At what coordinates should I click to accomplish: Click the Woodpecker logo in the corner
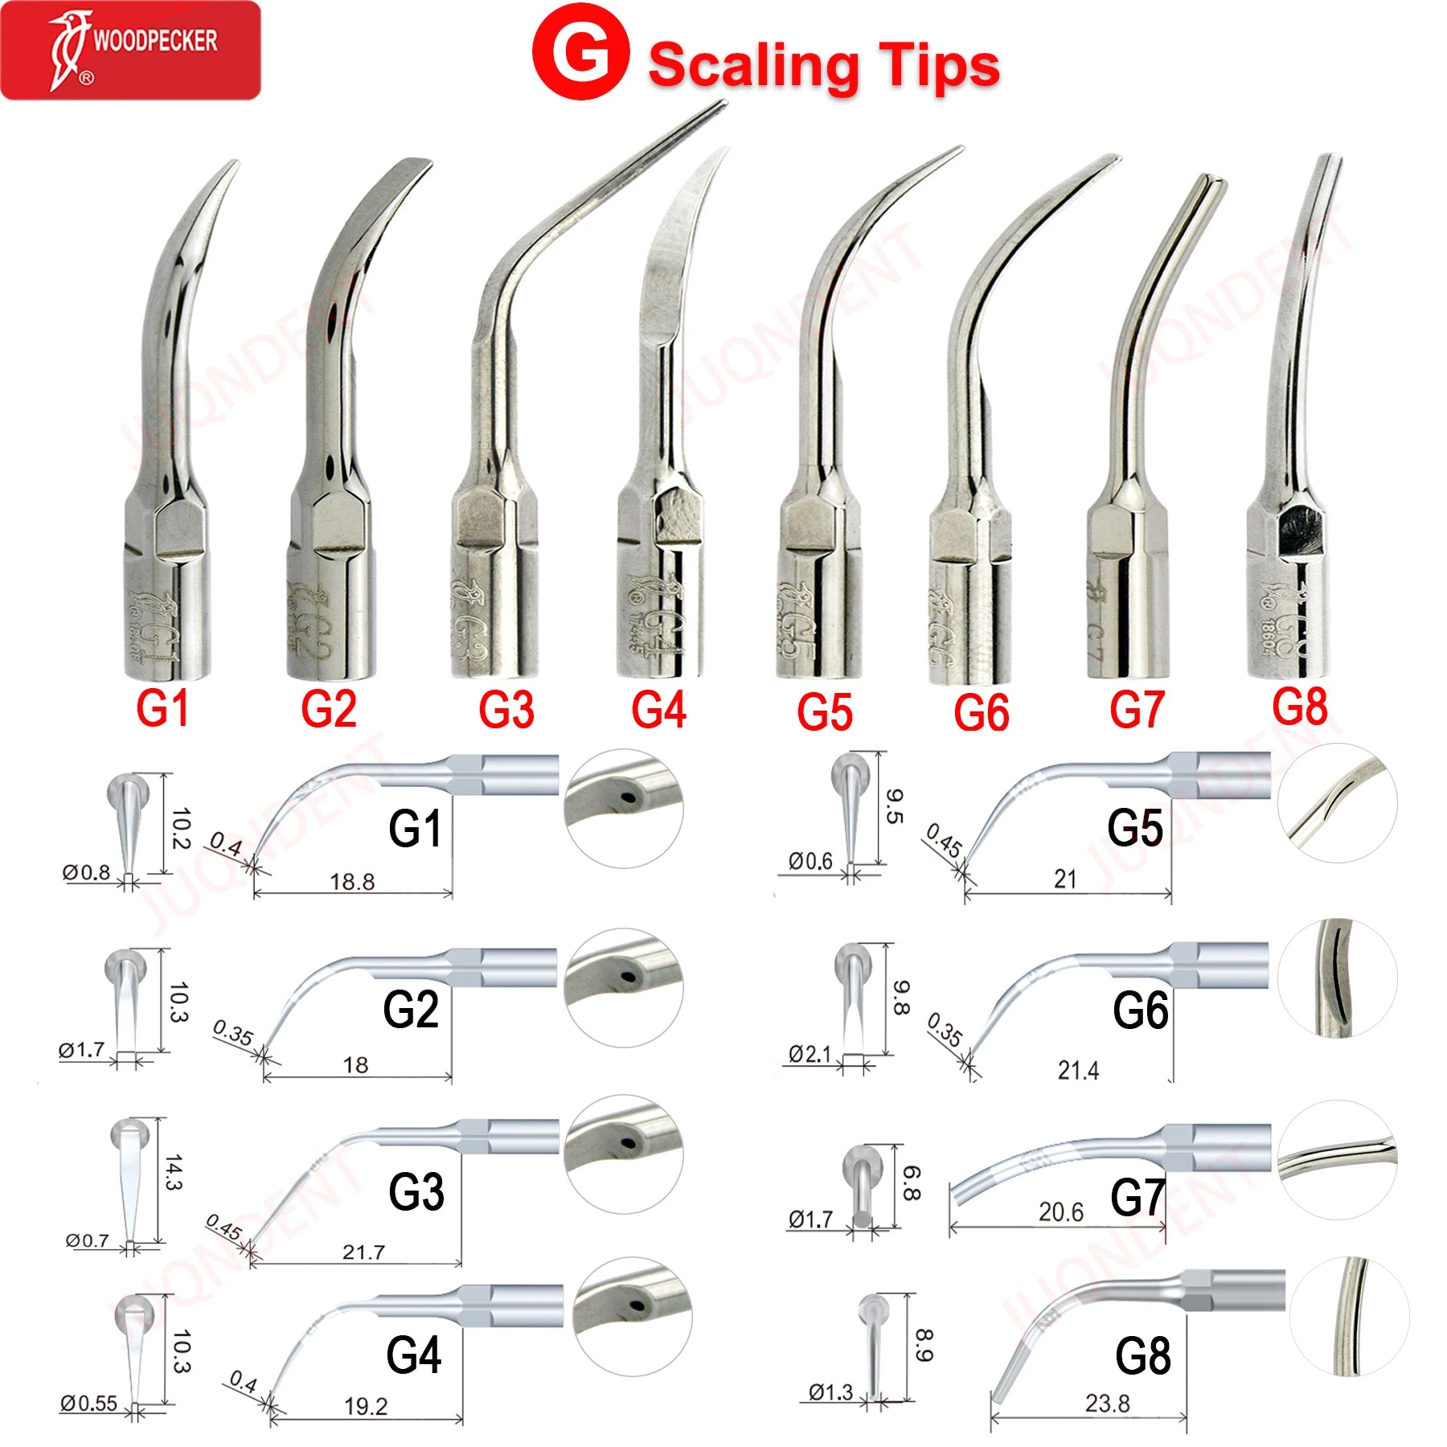(x=130, y=50)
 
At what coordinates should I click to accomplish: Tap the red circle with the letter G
(x=580, y=52)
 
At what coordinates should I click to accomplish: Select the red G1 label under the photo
(x=162, y=709)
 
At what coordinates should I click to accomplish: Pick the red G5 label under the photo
(x=825, y=712)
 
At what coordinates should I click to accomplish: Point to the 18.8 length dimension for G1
(x=352, y=882)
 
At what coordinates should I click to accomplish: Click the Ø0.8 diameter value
(x=87, y=872)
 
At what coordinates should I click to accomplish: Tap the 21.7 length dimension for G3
(x=363, y=1252)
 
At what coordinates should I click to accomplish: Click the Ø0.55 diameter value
(x=88, y=1404)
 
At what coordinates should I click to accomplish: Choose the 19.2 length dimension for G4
(x=366, y=1406)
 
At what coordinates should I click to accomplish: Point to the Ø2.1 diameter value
(x=810, y=1053)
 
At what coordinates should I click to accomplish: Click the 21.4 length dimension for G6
(x=1078, y=1070)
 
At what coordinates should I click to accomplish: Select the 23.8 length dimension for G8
(x=1107, y=1404)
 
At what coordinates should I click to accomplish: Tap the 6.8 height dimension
(x=911, y=1183)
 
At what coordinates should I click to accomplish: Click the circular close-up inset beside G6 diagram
(x=1337, y=978)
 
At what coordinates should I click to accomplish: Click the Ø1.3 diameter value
(x=830, y=1392)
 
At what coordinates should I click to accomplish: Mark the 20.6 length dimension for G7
(x=1060, y=1211)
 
